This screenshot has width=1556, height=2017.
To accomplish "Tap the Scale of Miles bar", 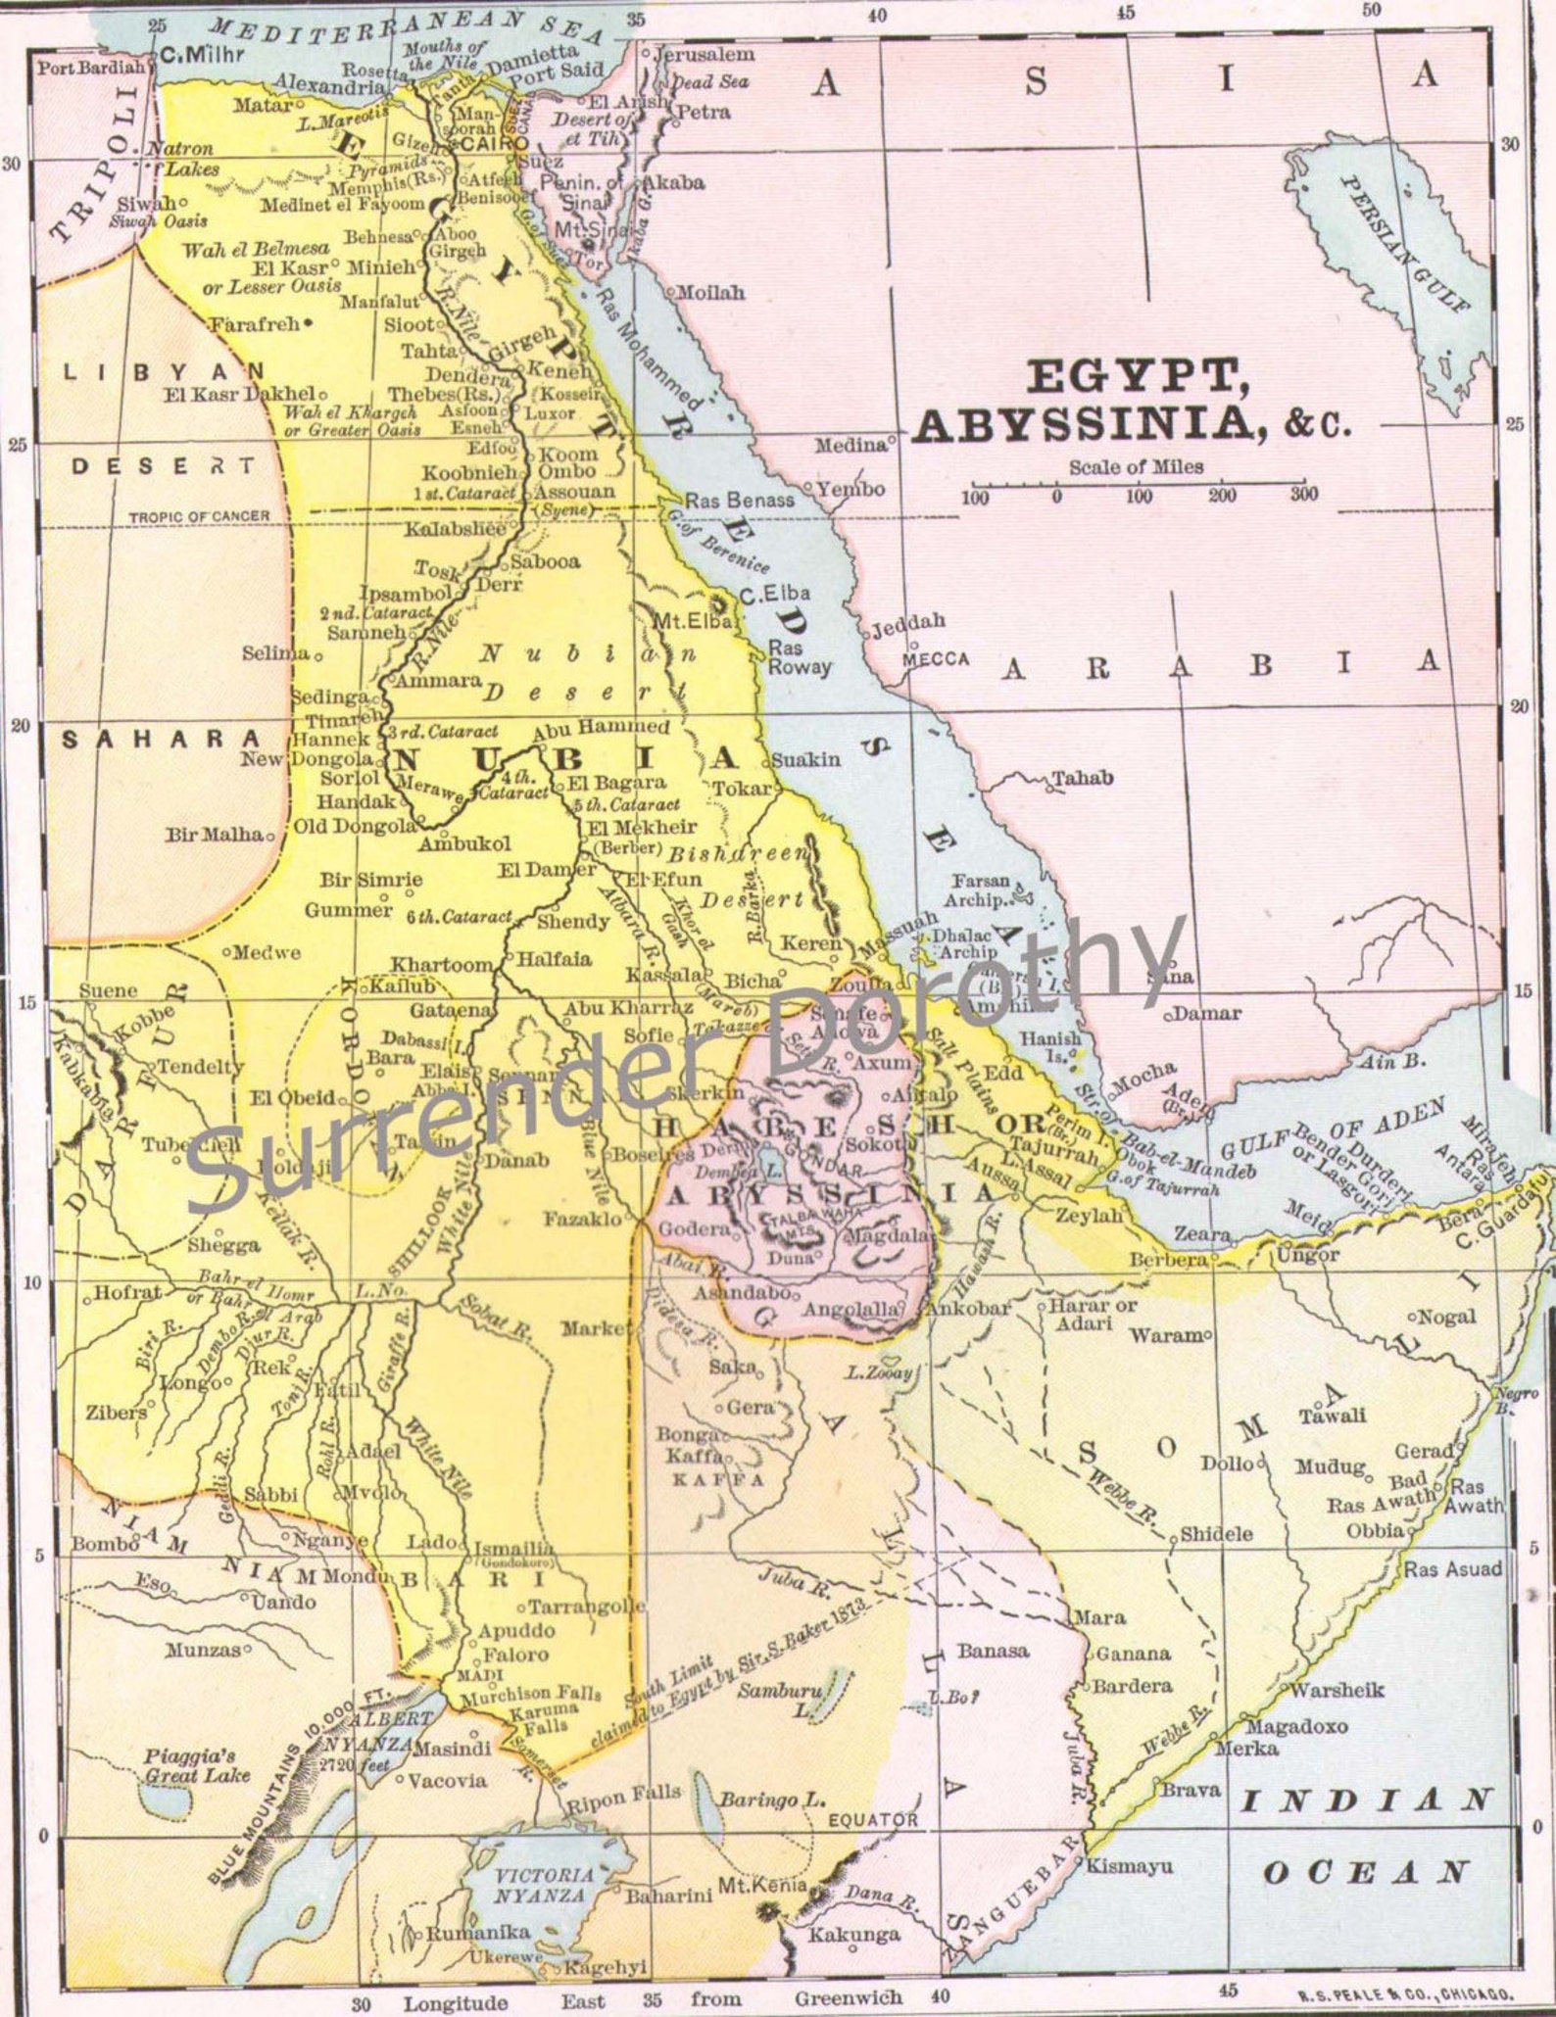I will click(1137, 485).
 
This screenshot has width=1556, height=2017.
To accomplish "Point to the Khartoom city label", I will click(442, 964).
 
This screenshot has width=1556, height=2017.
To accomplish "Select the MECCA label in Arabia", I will click(936, 659).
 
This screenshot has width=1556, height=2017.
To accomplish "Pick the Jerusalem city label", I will click(705, 55).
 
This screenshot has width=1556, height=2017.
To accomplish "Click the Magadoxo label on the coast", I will click(1296, 1727).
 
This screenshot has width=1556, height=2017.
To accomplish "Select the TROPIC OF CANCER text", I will click(199, 515).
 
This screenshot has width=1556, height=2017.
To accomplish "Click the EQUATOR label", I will click(873, 1819).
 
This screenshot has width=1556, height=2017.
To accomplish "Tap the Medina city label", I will click(851, 446).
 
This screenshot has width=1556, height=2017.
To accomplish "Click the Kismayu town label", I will click(1130, 1866).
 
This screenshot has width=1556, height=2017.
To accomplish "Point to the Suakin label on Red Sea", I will click(806, 759).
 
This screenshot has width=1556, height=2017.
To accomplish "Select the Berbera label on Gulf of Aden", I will click(1167, 1260).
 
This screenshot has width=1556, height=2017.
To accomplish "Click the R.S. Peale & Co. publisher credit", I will click(1405, 1993).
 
